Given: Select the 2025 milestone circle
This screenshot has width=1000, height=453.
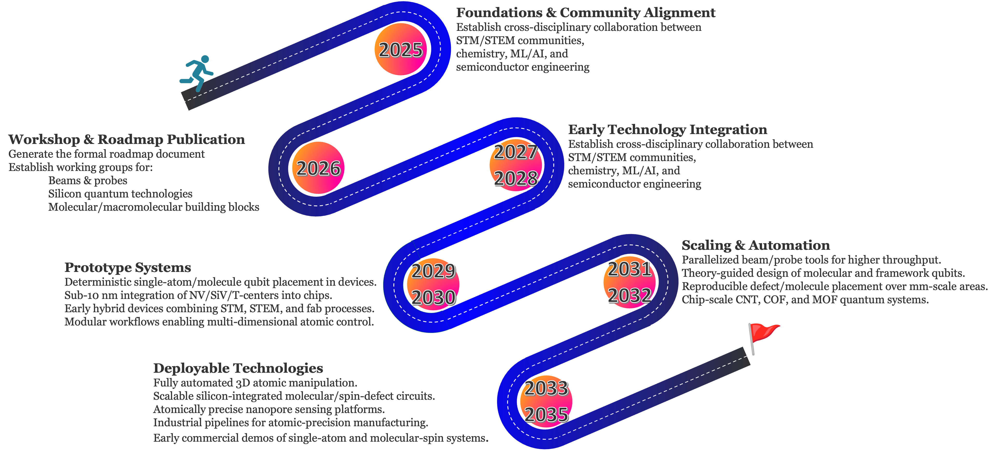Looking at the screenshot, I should (x=401, y=49).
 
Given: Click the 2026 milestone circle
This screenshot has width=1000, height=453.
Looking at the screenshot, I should (x=318, y=168).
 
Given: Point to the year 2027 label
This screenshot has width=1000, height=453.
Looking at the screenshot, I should (x=516, y=152).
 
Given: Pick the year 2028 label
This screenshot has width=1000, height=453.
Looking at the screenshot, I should (x=516, y=178).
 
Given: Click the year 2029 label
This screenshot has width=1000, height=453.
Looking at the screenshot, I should (x=433, y=271).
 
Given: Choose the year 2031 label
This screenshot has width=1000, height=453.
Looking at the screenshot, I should (x=629, y=269).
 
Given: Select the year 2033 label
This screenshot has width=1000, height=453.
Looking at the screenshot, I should (x=546, y=388).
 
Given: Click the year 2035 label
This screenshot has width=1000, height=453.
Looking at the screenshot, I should (x=546, y=415).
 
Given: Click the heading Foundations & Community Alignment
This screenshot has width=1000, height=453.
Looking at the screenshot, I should (x=585, y=13).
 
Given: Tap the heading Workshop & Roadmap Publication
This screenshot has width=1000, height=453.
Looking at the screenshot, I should (x=126, y=139).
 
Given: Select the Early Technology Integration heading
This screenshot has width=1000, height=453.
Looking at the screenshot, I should (x=667, y=129).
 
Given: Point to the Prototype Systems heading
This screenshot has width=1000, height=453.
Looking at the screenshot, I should (x=128, y=267).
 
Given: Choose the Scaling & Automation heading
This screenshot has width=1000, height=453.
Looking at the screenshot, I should (x=755, y=245).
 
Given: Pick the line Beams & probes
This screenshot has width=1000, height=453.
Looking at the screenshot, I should (x=88, y=180).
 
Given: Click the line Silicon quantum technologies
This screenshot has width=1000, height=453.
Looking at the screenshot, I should (x=120, y=194).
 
